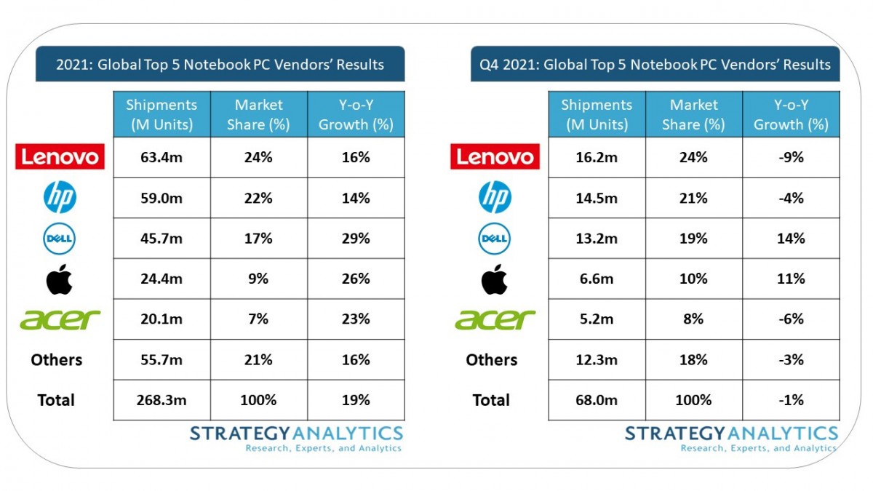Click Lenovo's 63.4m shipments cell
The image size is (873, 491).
[162, 157]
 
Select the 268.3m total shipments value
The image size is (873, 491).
[162, 400]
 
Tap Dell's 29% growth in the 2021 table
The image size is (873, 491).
[356, 239]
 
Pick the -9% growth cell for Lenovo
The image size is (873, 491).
[790, 157]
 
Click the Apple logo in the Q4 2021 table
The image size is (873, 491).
[495, 279]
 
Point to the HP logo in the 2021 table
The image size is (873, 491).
[60, 198]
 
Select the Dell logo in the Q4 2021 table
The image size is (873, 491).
[495, 239]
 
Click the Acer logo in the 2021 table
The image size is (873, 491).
[60, 319]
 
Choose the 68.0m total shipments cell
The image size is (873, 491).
[597, 400]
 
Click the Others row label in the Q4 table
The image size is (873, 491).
[492, 360]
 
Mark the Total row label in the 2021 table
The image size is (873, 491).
[56, 400]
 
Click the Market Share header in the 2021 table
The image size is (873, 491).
[258, 114]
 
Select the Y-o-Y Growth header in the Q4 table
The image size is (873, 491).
[790, 114]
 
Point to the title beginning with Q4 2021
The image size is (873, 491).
[655, 65]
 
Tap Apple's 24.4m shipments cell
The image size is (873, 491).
[162, 279]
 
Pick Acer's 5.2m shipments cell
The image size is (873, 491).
[597, 319]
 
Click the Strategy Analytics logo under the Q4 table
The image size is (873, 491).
[731, 439]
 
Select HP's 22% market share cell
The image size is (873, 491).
[258, 198]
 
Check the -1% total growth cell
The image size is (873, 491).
[790, 400]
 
